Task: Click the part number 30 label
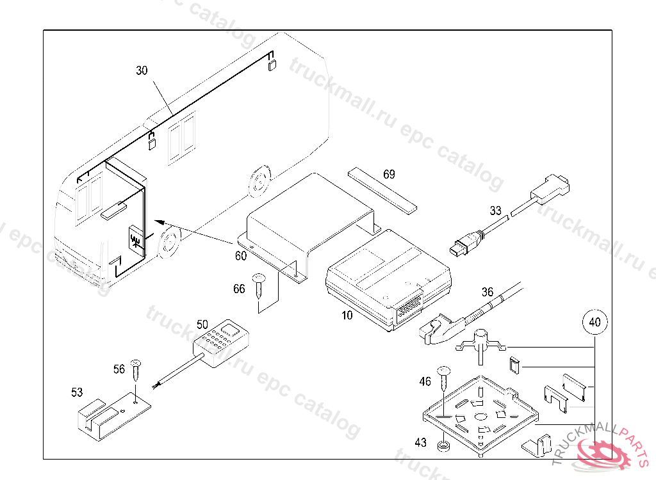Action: coord(142,70)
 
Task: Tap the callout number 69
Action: coord(389,174)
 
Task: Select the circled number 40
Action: coord(594,323)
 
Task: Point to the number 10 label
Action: coord(346,315)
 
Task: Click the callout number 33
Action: coord(495,210)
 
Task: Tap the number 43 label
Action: coord(420,442)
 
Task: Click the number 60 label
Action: coord(240,256)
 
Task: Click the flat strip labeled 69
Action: coord(382,189)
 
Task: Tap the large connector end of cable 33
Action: coord(553,185)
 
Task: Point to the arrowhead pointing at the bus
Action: coord(160,221)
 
